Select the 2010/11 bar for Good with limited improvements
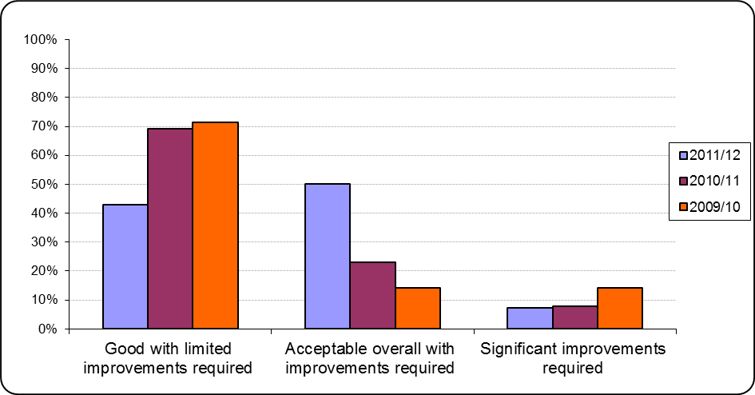click(x=170, y=229)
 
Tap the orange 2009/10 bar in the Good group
click(x=215, y=225)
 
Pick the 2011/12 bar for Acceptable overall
click(x=328, y=256)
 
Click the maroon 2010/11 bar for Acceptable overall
click(x=372, y=295)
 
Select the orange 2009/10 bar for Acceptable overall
click(x=418, y=308)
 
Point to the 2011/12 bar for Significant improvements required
click(x=530, y=318)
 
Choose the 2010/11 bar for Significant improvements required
click(x=574, y=317)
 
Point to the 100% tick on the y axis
click(x=40, y=39)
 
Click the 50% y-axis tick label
click(x=43, y=184)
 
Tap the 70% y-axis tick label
click(x=43, y=126)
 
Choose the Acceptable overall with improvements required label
click(x=370, y=358)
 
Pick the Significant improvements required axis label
click(x=572, y=358)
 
